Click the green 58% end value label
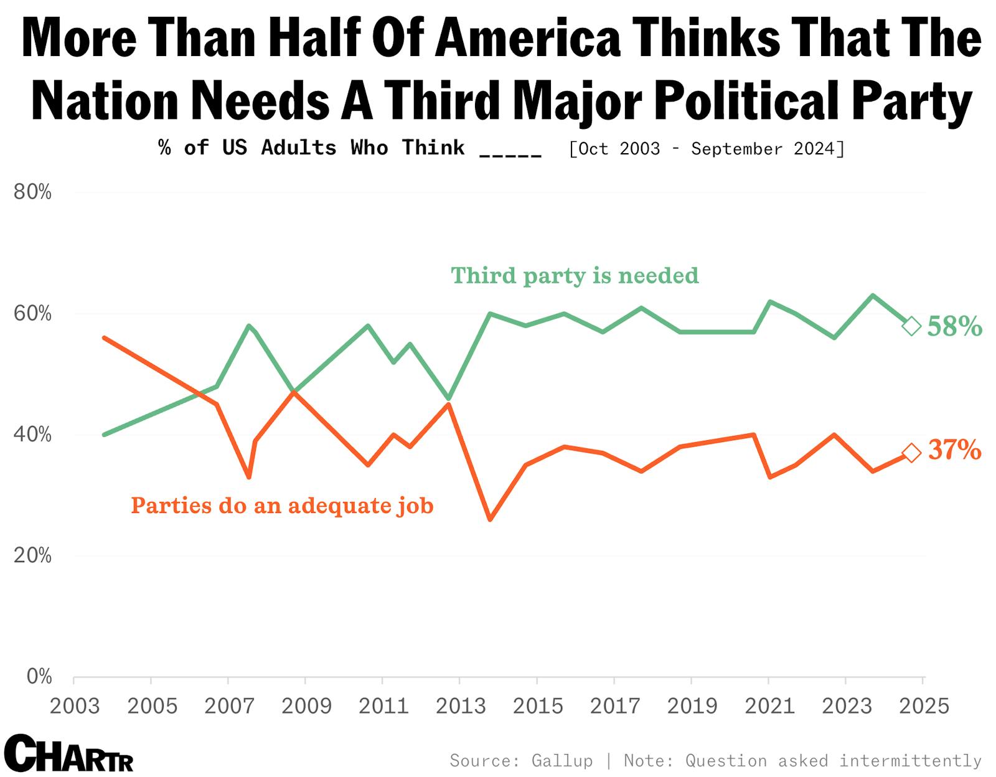954,326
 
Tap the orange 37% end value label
954,450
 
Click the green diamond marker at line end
911,326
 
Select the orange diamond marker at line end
911,453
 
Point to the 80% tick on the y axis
32,192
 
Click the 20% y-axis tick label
32,555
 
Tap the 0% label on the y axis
39,676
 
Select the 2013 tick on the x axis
460,706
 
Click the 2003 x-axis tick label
75,706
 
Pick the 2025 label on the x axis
924,706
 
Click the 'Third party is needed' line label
575,275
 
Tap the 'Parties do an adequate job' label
282,505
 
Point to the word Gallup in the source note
561,760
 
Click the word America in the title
528,39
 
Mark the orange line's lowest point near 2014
490,519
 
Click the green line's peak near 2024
873,295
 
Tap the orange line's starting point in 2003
104,337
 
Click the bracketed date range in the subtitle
707,149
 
